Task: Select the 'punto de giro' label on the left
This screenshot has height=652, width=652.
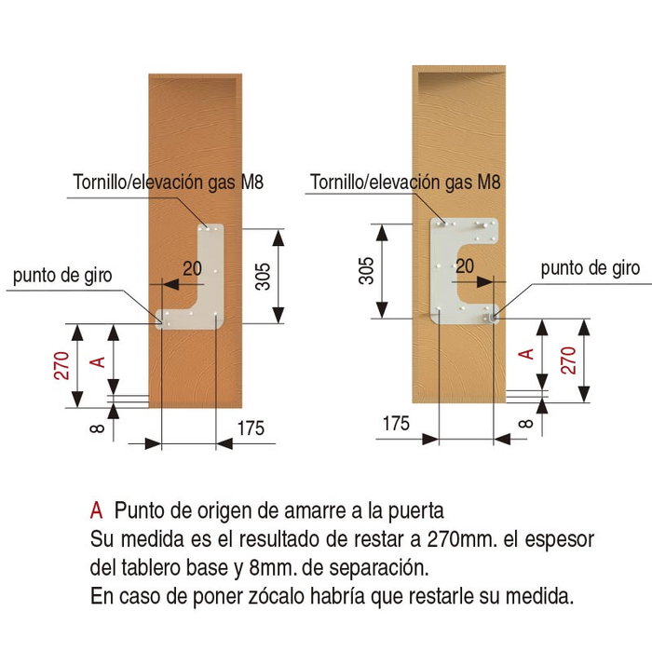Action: [62, 276]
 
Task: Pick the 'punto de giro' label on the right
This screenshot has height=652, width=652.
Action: [591, 269]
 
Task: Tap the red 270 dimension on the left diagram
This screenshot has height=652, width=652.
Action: [61, 366]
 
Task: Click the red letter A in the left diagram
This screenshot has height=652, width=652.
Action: [92, 360]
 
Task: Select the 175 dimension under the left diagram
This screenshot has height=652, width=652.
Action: [251, 428]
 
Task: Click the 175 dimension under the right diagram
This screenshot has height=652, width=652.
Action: [396, 424]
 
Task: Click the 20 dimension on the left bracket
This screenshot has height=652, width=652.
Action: [193, 269]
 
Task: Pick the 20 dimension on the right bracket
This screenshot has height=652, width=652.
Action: [465, 266]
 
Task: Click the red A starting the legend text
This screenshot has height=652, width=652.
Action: [96, 511]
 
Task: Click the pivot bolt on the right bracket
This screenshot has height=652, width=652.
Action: [494, 318]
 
